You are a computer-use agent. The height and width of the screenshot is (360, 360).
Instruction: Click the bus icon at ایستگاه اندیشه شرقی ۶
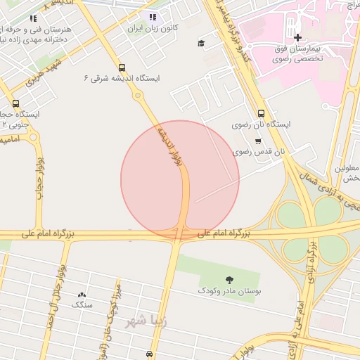pos(123,68)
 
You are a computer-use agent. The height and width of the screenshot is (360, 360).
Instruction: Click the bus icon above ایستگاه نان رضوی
pos(262,112)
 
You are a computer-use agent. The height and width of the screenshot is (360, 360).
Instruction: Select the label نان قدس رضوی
pos(259,150)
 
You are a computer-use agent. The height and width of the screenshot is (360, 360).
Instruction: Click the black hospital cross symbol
pos(297,37)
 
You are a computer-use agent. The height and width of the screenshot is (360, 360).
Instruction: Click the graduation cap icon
pos(202,44)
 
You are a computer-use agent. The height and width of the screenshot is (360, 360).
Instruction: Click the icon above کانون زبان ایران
pos(153,17)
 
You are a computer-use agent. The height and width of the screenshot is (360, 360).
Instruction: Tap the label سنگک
pos(82,305)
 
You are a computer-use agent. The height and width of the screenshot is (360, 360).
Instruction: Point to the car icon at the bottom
pos(149,354)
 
